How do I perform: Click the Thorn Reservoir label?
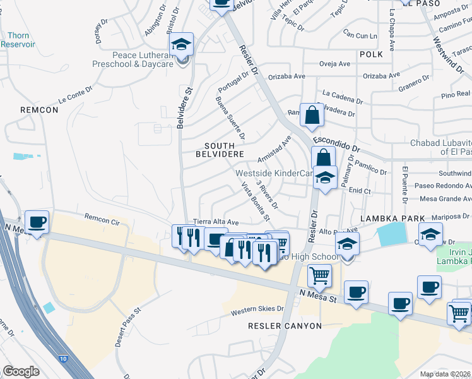pos(18,40)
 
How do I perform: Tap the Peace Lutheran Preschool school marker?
pos(182,45)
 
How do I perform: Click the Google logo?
pos(21,371)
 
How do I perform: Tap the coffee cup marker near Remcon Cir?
pos(37,223)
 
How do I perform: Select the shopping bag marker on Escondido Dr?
pos(312,116)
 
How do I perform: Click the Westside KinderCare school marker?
pos(325,178)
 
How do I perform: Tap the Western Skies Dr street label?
pos(257,311)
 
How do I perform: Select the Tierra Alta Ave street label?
pos(216,222)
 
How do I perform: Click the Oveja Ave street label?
pos(335,64)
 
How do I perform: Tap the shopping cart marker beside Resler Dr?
pos(319,275)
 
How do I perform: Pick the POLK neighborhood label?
pos(372,55)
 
